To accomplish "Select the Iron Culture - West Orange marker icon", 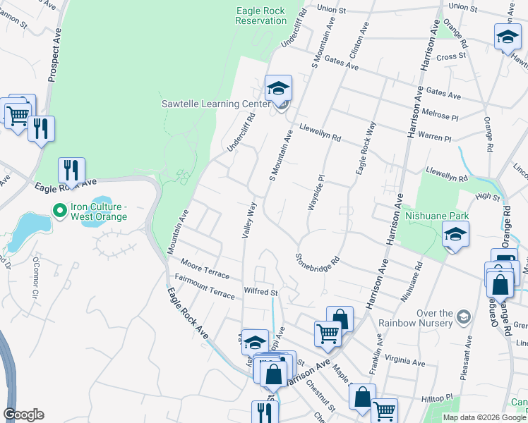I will coord(61,209).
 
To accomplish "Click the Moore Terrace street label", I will coord(204,271).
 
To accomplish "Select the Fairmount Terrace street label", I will coord(205,290).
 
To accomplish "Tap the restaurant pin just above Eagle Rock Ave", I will coord(71,171).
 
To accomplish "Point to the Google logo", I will coord(23,415).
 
